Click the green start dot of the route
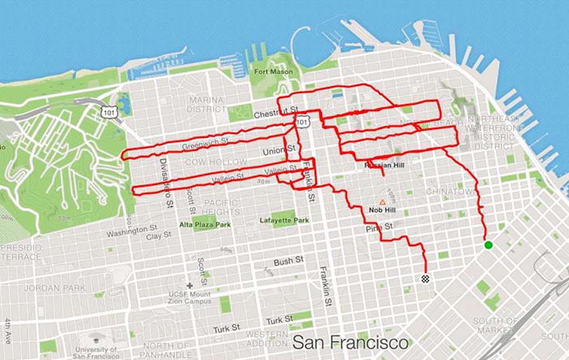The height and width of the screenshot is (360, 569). pos(489,245)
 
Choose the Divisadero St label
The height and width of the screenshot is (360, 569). pos(166,171)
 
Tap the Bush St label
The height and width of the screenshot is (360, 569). pos(288,262)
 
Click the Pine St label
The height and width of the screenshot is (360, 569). pos(379,227)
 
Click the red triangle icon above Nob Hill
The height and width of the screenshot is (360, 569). pos(381,201)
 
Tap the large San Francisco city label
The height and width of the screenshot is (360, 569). pos(350,342)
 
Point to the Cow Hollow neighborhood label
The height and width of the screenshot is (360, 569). pos(215,163)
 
